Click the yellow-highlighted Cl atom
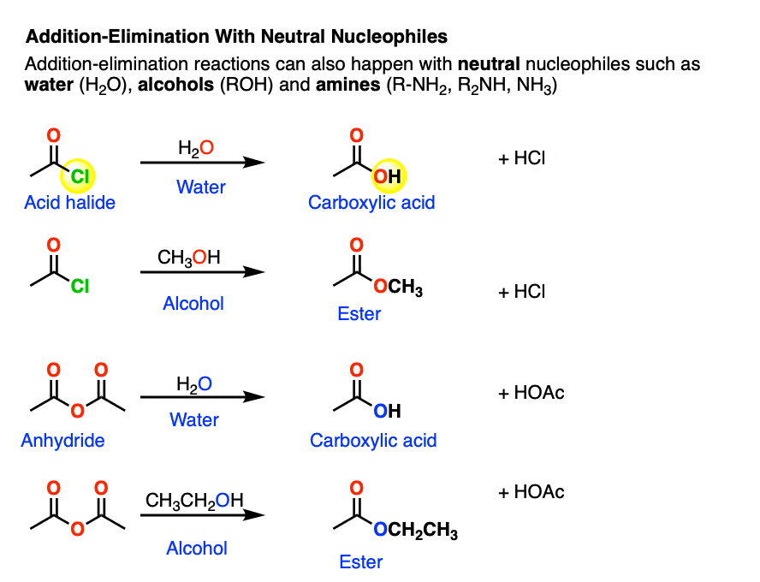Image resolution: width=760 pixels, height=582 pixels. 80,176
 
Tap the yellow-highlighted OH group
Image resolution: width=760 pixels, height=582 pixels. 387,176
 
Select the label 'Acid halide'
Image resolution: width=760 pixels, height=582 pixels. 70,203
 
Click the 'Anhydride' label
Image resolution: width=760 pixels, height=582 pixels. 62,441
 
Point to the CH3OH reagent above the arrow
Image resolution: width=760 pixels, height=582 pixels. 188,258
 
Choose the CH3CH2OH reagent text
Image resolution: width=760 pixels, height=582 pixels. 194,501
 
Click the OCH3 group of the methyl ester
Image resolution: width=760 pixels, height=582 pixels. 398,287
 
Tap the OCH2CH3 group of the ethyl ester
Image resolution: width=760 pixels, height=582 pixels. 415,530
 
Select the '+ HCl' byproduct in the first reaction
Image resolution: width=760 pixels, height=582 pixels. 521,158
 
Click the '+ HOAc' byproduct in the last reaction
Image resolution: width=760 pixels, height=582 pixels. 531,492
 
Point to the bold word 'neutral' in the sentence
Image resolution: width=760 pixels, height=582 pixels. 489,64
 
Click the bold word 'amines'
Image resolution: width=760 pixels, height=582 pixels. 348,85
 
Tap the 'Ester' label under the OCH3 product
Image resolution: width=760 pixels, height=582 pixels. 359,314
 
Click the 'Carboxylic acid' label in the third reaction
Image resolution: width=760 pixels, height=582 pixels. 373,441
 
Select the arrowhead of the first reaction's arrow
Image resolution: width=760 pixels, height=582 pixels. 253,163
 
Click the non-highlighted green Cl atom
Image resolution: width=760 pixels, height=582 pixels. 80,287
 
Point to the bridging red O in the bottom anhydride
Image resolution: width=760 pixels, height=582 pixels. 78,529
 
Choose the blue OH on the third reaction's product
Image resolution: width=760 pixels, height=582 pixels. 387,412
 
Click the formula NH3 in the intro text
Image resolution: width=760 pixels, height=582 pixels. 537,86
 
